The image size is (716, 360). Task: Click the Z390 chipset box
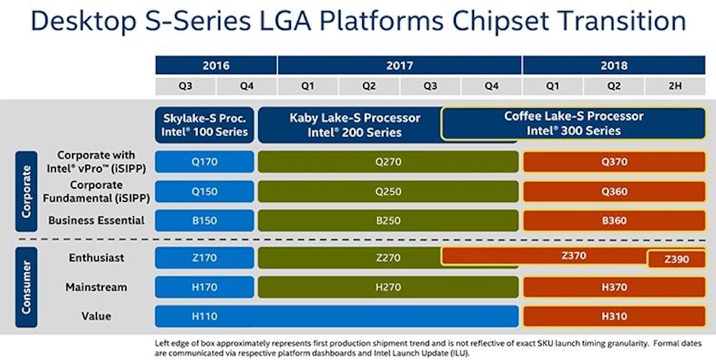coord(676,259)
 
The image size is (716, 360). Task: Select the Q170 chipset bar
coord(204,161)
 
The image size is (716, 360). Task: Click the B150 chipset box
coord(204,220)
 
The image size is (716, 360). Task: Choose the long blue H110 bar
coord(336,316)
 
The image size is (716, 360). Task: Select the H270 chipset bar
coord(387,287)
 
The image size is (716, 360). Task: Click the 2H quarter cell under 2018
coord(675,87)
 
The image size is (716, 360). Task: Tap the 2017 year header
coord(399,66)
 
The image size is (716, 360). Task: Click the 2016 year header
coord(216,66)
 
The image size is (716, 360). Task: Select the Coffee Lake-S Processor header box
coord(573,123)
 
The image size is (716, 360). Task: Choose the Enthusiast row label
coord(96,258)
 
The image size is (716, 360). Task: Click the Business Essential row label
coord(96,220)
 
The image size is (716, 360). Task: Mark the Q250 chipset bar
coord(387,191)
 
